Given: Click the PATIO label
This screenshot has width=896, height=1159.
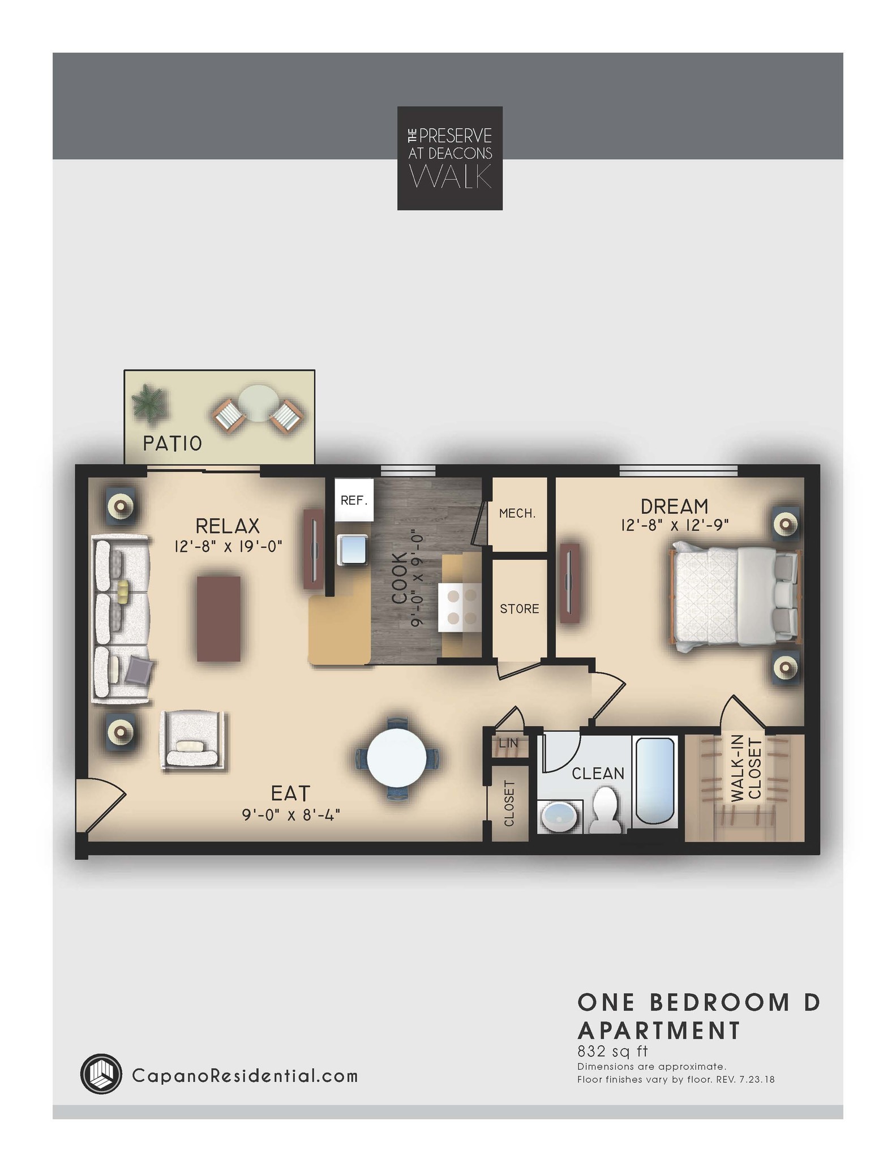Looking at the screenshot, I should click(172, 443).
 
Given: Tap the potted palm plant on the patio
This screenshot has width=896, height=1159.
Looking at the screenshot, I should click(150, 402).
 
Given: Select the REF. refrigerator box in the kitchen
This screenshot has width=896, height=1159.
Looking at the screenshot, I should click(354, 500).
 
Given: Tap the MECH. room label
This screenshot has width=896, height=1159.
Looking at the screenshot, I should click(517, 514).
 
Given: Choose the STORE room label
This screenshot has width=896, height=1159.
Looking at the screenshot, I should click(519, 609).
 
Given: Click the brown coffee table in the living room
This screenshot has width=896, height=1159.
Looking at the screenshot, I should click(218, 619).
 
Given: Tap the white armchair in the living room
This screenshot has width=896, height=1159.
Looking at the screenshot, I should click(194, 740).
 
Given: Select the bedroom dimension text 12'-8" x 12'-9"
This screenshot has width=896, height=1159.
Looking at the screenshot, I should click(674, 525).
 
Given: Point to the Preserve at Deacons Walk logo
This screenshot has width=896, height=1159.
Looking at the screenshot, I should click(449, 158).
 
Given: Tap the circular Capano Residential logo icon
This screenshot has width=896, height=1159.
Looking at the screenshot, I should click(101, 1074).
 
